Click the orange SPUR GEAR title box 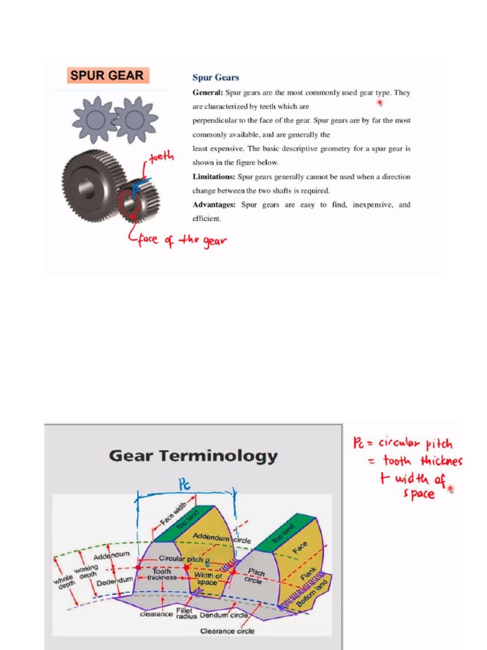(107, 76)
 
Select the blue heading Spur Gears (216, 77)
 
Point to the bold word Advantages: (214, 204)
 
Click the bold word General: (207, 92)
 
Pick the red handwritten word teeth (161, 156)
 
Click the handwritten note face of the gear (181, 241)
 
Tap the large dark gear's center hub (87, 187)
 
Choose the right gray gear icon (135, 119)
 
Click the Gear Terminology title (193, 456)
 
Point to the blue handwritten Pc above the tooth (185, 486)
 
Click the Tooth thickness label (162, 574)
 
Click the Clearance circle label (227, 631)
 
